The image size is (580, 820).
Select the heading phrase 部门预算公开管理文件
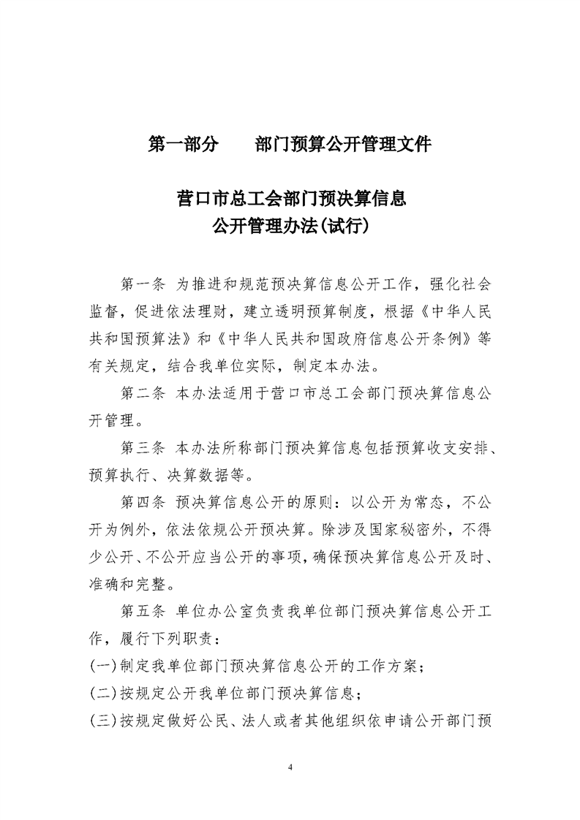click(x=343, y=144)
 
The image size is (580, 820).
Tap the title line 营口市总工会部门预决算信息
click(x=290, y=198)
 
